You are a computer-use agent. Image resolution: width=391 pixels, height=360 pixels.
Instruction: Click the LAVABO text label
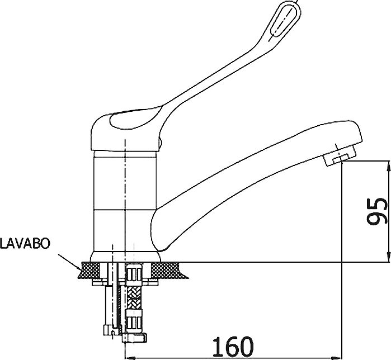pos(25,243)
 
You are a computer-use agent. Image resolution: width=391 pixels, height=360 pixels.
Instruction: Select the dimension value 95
pos(377,211)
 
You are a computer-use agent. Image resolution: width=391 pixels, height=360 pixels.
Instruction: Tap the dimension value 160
pos(233,346)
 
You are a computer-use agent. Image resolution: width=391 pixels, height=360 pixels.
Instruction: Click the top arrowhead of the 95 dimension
pos(388,166)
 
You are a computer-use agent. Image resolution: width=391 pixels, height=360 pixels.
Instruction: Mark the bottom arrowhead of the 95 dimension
pos(388,257)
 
